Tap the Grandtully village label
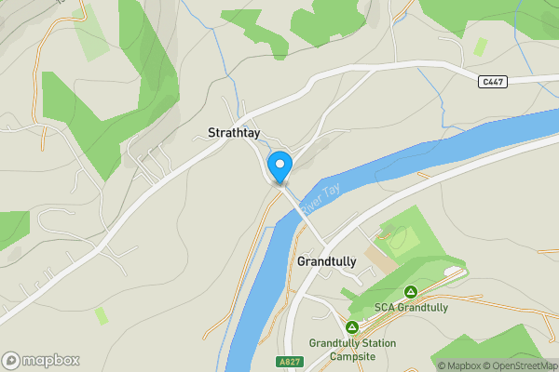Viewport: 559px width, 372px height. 326,262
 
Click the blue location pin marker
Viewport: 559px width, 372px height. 279,167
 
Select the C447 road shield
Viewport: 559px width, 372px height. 493,83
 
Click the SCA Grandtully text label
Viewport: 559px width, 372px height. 411,307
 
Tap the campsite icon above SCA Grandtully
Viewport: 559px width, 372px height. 411,291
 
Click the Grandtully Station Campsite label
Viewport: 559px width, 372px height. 352,350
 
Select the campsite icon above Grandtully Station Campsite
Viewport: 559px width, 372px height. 352,327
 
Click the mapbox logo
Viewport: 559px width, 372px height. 41,360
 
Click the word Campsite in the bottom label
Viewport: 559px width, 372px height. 352,356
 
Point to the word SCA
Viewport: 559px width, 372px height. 385,307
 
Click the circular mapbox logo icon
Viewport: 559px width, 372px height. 11,360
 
